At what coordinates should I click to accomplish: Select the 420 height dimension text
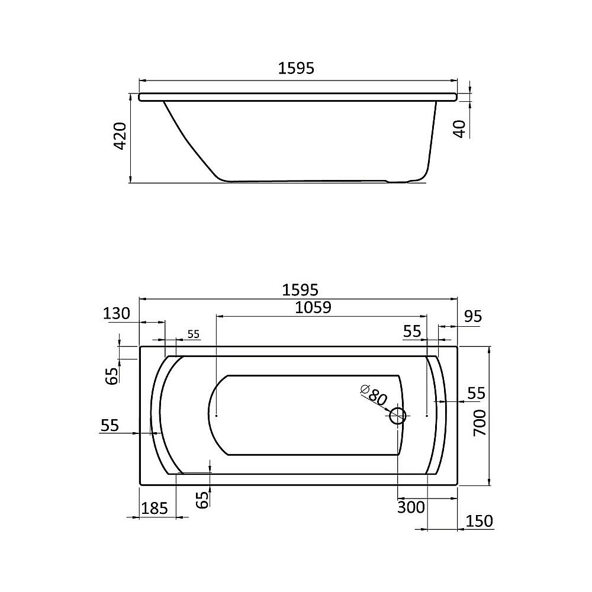click(120, 136)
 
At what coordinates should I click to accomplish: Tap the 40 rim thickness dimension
click(461, 128)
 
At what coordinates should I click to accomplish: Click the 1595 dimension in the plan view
click(300, 289)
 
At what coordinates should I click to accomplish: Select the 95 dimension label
click(472, 317)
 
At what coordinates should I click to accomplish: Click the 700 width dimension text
click(480, 422)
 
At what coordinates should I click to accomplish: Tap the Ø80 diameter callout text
click(374, 394)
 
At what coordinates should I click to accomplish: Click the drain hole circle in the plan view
click(397, 416)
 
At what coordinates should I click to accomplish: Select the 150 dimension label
click(479, 522)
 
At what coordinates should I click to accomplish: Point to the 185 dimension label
click(155, 508)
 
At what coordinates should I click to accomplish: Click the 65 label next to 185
click(202, 500)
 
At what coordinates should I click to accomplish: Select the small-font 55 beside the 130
click(193, 334)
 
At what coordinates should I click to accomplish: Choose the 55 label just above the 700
click(476, 393)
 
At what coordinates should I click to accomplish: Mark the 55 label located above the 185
click(110, 424)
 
